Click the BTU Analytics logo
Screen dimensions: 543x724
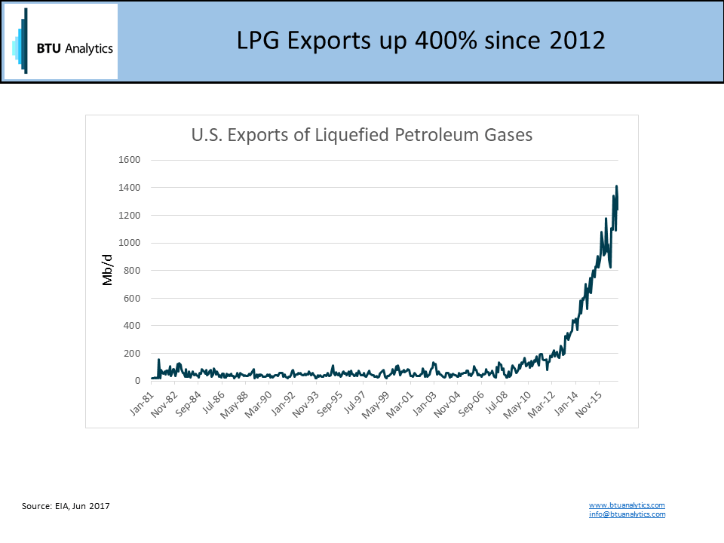(61, 41)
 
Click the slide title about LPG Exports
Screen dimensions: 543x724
(421, 40)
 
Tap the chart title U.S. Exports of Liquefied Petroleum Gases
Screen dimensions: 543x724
(362, 136)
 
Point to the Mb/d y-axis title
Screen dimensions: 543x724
(108, 270)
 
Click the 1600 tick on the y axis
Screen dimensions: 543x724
(130, 160)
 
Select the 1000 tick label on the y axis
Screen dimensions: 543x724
(130, 243)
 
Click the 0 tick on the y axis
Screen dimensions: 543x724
(137, 381)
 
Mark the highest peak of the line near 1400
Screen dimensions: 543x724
(616, 186)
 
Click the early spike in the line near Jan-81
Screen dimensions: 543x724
(158, 360)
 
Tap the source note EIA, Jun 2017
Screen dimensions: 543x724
(66, 505)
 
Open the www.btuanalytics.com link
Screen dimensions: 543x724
(627, 505)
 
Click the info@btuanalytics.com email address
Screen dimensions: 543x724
(627, 514)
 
